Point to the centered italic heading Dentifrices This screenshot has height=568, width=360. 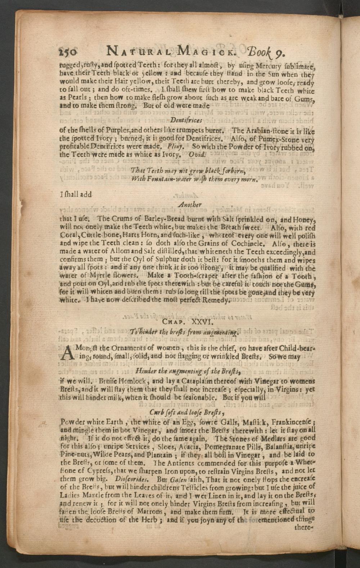[186, 120]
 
